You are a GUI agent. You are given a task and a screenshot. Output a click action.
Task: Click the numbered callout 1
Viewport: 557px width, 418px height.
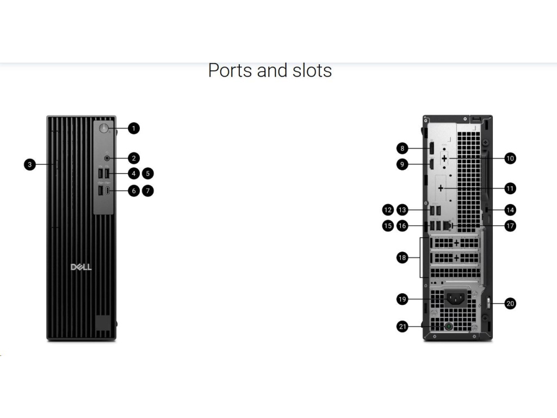coord(134,128)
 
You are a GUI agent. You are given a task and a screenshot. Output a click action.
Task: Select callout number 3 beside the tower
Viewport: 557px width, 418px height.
coord(30,164)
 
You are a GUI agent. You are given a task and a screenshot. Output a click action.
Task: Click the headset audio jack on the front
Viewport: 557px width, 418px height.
coord(107,158)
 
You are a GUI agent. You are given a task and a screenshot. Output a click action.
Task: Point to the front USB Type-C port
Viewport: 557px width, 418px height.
coord(108,191)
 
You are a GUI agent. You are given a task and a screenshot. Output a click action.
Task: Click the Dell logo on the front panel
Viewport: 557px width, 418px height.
coord(82,267)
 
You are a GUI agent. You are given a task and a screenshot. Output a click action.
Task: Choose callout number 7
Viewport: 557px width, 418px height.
coord(148,191)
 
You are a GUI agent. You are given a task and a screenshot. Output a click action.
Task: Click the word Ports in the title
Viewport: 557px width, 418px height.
coord(227,71)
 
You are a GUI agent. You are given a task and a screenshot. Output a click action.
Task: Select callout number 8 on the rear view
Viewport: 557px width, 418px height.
coord(402,147)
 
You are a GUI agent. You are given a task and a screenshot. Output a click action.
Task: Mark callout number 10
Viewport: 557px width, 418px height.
coord(510,158)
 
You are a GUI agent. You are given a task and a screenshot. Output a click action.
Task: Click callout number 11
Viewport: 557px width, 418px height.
coord(510,188)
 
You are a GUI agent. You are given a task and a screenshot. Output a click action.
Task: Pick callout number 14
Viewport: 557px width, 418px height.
coord(510,210)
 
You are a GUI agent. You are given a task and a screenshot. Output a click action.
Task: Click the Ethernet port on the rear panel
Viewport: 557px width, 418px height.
coord(447,224)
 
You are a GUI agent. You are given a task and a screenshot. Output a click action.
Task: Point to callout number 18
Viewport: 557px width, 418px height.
coord(402,258)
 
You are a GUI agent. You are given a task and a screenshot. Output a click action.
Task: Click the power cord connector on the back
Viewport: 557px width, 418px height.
coord(456,298)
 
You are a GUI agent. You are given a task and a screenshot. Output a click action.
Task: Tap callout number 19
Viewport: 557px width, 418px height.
coord(402,299)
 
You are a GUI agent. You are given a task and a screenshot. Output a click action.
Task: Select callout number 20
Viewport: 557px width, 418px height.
coord(510,304)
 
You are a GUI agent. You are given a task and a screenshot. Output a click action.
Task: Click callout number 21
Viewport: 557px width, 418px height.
coord(402,327)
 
